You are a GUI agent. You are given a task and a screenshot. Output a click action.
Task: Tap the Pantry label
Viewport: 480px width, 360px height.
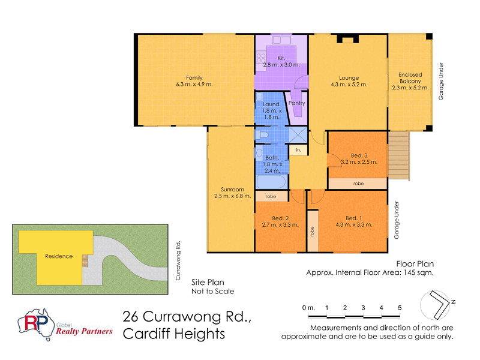[x=296, y=103]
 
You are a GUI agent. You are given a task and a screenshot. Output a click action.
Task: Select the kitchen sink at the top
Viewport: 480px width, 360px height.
[x=281, y=40]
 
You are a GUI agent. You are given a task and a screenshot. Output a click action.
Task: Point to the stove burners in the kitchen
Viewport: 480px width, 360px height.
[x=261, y=58]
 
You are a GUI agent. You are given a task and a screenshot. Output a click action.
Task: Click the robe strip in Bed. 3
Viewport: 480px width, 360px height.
[x=358, y=182]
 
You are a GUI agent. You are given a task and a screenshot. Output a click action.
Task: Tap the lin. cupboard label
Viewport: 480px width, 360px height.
[x=298, y=149]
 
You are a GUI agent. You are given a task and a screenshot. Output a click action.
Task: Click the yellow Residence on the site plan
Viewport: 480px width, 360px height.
[x=58, y=256]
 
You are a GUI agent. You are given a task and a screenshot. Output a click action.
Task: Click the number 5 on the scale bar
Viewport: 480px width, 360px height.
[x=400, y=308]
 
